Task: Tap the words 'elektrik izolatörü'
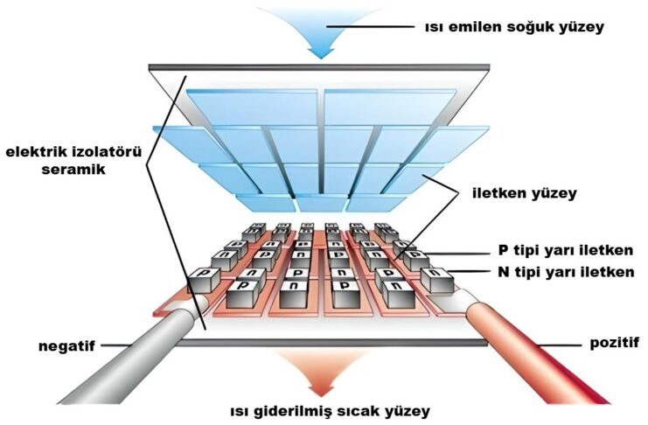[x=72, y=152]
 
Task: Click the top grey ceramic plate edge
[x=320, y=67]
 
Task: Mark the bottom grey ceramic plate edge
[x=320, y=341]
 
